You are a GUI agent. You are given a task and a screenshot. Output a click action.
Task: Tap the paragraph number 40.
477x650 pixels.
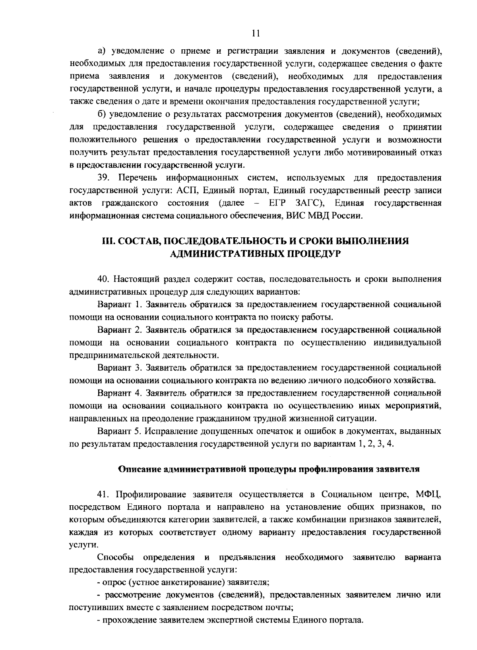click(104, 279)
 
